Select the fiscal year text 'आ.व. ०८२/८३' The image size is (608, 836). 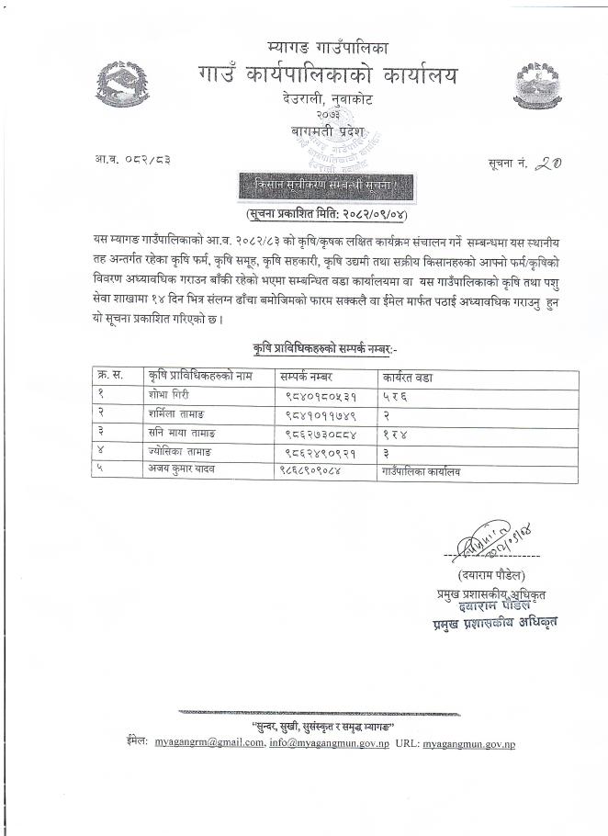point(134,160)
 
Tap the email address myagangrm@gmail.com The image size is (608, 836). point(209,740)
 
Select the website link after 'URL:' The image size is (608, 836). point(468,740)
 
